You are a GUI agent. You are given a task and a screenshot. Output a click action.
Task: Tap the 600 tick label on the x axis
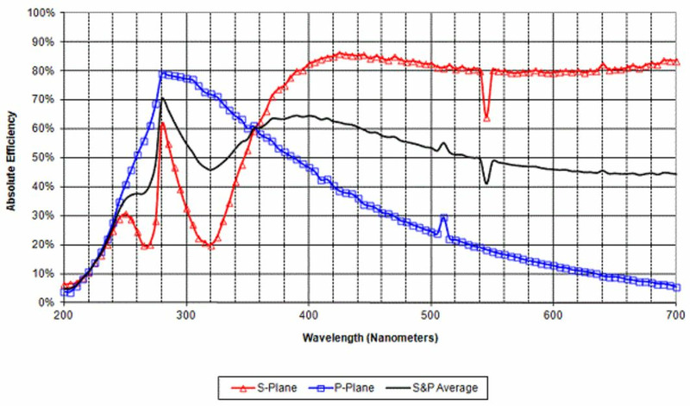pyautogui.click(x=553, y=315)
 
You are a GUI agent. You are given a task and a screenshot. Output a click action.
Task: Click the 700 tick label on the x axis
pyautogui.click(x=674, y=315)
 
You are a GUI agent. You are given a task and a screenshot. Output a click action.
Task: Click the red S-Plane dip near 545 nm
pyautogui.click(x=486, y=118)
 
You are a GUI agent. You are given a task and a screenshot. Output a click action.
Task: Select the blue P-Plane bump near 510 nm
pyautogui.click(x=443, y=218)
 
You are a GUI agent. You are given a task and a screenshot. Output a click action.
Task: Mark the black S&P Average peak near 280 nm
pyautogui.click(x=162, y=98)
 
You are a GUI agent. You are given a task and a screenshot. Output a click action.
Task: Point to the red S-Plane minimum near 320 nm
pyautogui.click(x=210, y=246)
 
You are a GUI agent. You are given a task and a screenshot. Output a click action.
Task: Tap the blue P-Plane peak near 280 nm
pyautogui.click(x=162, y=73)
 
